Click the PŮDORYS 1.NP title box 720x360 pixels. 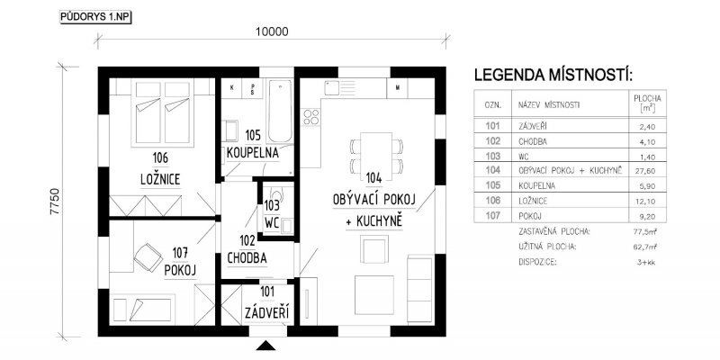click(95, 18)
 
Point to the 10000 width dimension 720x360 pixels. click(272, 31)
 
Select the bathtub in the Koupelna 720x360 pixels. click(280, 112)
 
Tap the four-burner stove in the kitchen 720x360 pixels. click(311, 117)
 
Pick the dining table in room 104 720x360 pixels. click(376, 157)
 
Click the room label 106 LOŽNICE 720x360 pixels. click(160, 169)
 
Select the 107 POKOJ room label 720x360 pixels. click(181, 263)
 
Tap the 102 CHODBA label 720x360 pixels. click(247, 250)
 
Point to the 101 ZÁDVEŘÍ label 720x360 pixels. click(266, 302)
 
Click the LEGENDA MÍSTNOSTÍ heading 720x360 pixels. click(553, 75)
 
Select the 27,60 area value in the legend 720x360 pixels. click(644, 171)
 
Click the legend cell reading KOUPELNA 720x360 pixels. click(536, 186)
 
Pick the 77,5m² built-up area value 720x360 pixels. click(644, 232)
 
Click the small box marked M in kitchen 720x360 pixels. click(397, 88)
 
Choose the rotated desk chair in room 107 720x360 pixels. click(148, 257)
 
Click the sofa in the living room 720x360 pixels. click(419, 289)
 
